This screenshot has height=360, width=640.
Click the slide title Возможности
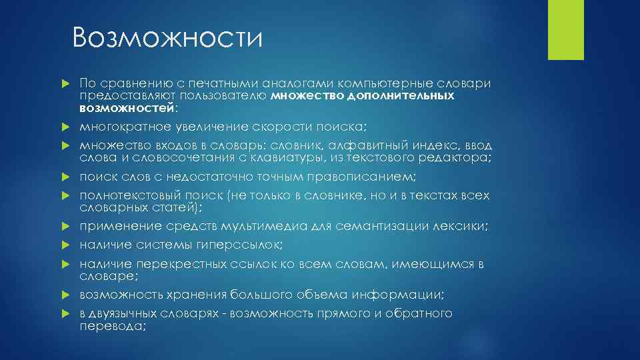click(x=168, y=38)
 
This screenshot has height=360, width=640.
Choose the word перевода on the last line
click(x=111, y=326)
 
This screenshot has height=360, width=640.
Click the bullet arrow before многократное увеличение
click(x=64, y=127)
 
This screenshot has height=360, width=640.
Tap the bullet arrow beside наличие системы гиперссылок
click(x=64, y=245)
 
